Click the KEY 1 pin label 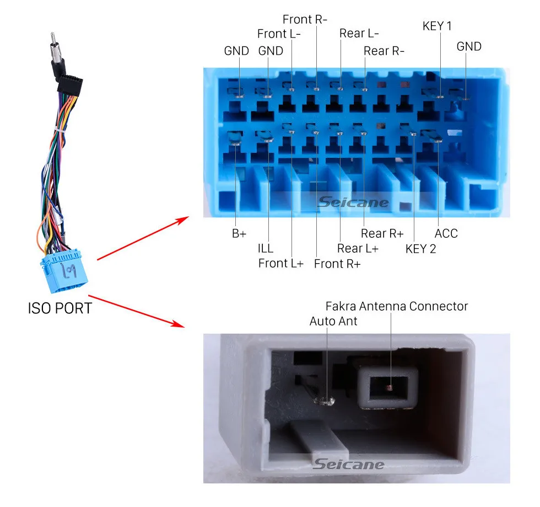point(437,26)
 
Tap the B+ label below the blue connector point(239,233)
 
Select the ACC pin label point(446,233)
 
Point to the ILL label point(266,249)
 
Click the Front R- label point(305,19)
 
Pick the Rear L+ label point(358,249)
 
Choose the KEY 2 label point(420,249)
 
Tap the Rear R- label point(384,51)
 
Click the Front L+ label point(281,263)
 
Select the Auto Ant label point(333,321)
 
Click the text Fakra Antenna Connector point(397,306)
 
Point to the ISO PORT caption point(60,308)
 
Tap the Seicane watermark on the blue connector point(353,202)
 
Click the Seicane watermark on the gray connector point(348,465)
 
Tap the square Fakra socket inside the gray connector point(388,388)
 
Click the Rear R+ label point(382,233)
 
